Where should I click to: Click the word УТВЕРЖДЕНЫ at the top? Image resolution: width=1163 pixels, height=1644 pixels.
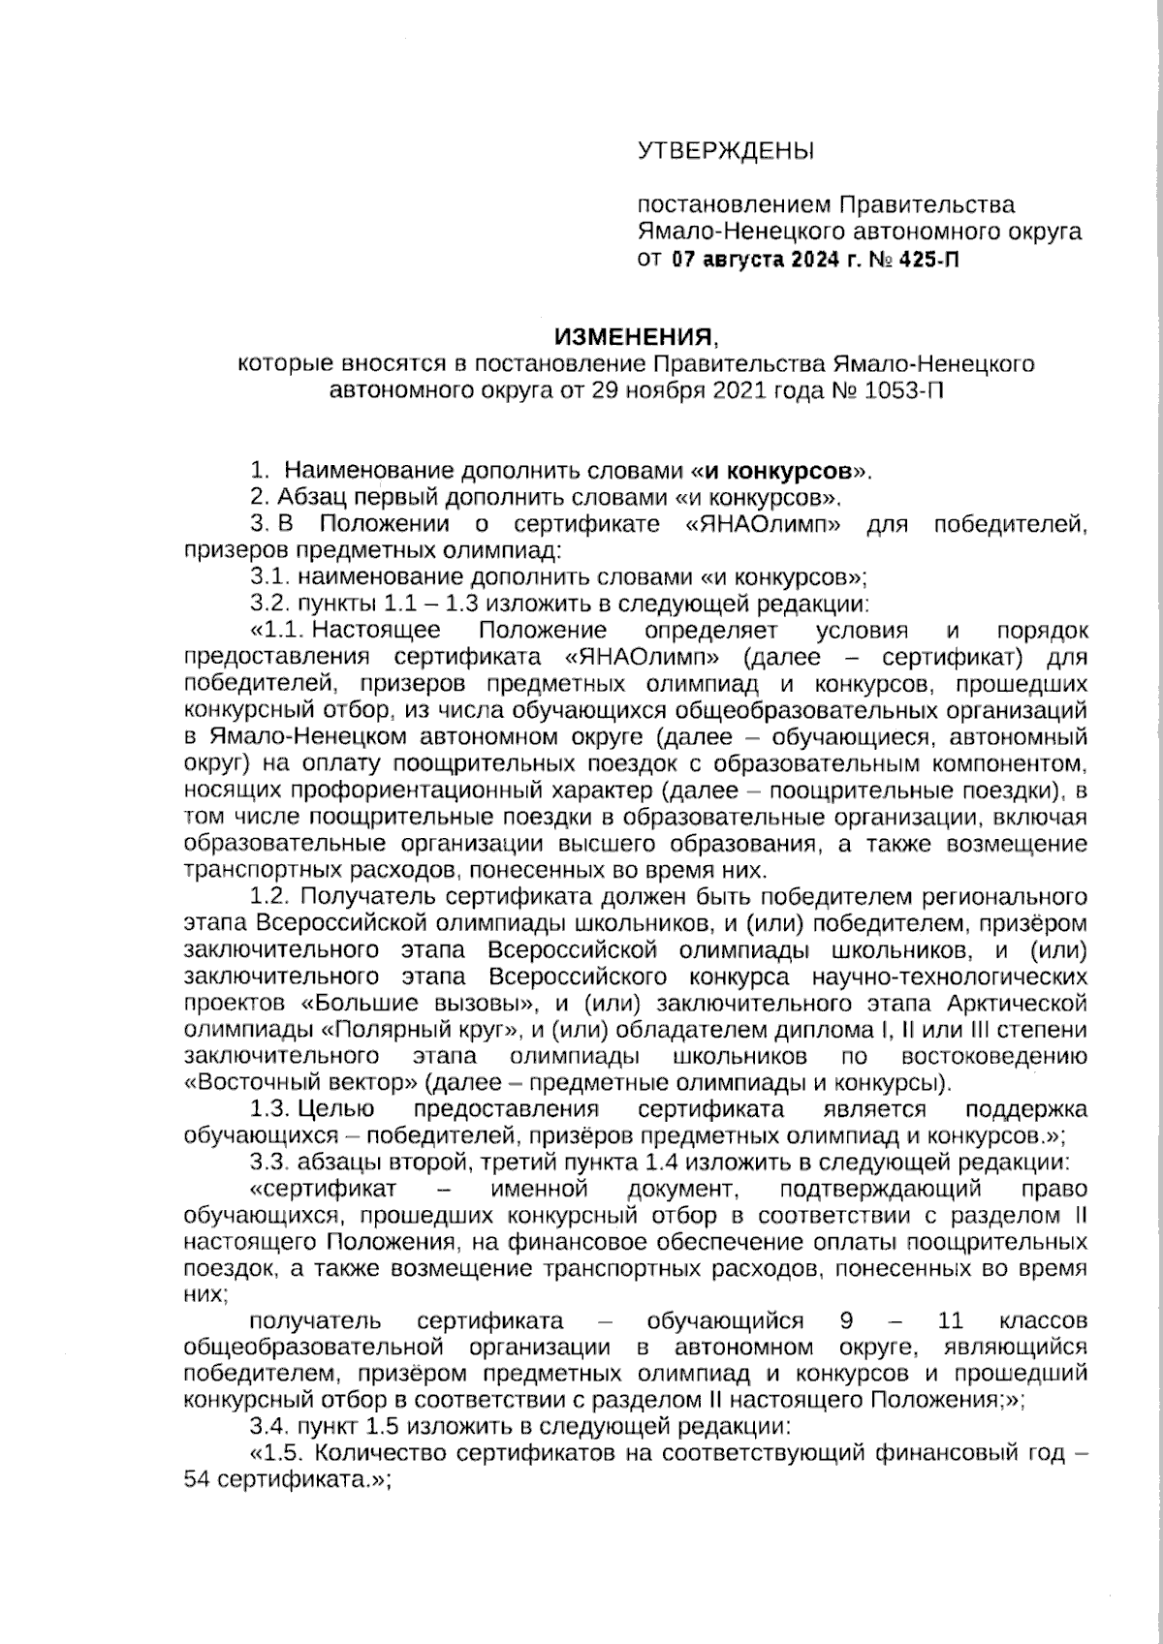click(x=725, y=151)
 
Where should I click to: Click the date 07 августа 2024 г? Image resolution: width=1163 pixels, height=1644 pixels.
click(x=752, y=260)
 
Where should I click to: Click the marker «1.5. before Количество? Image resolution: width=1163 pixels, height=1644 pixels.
click(x=279, y=1454)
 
